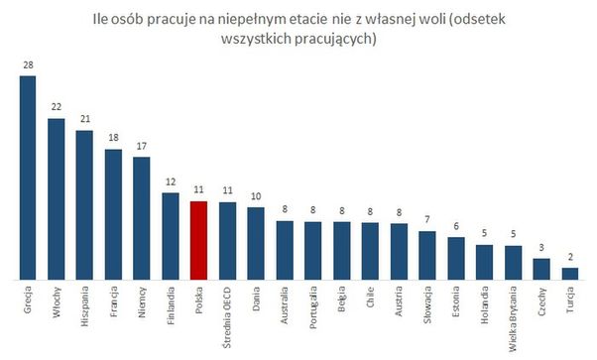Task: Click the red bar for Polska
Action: pyautogui.click(x=198, y=240)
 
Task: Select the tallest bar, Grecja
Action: pyautogui.click(x=28, y=178)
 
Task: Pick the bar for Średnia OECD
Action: pyautogui.click(x=227, y=240)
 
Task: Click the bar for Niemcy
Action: pyautogui.click(x=142, y=217)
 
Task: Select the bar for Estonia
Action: pyautogui.click(x=456, y=258)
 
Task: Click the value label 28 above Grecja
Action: pyautogui.click(x=28, y=66)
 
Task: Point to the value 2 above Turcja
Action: pyautogui.click(x=570, y=256)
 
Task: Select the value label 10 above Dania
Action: pyautogui.click(x=256, y=197)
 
